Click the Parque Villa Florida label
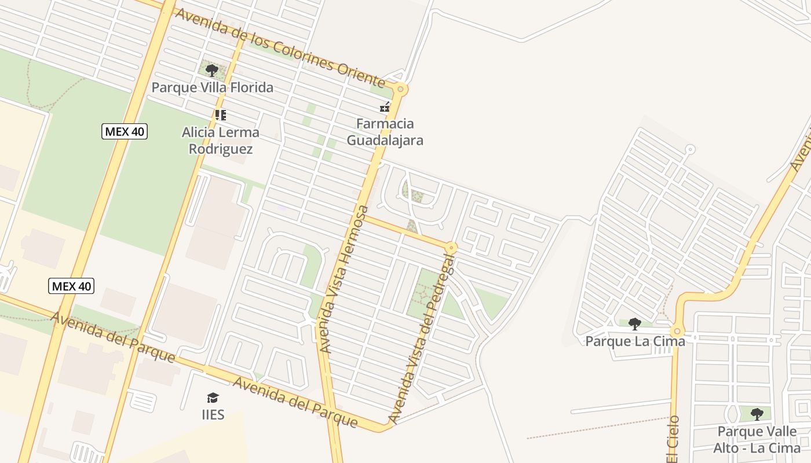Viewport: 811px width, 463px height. point(212,88)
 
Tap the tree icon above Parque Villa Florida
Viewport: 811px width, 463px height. point(212,71)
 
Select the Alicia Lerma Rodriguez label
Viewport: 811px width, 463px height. point(221,141)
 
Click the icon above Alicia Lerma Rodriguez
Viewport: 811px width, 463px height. point(220,115)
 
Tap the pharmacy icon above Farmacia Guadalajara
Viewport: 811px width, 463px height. point(385,107)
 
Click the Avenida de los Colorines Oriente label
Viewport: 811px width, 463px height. point(279,48)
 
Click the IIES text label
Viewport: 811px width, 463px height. point(213,414)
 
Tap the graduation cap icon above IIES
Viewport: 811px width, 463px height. point(213,398)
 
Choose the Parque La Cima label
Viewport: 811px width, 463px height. point(635,341)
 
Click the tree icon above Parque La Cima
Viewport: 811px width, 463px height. point(635,324)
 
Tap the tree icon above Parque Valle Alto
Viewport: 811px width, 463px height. point(757,414)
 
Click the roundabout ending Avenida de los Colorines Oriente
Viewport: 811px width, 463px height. point(400,90)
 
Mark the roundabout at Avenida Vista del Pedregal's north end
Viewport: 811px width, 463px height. point(451,248)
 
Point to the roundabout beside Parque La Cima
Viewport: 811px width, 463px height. point(677,332)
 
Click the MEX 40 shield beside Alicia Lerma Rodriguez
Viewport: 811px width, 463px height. point(125,131)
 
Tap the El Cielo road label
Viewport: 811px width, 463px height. point(673,440)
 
